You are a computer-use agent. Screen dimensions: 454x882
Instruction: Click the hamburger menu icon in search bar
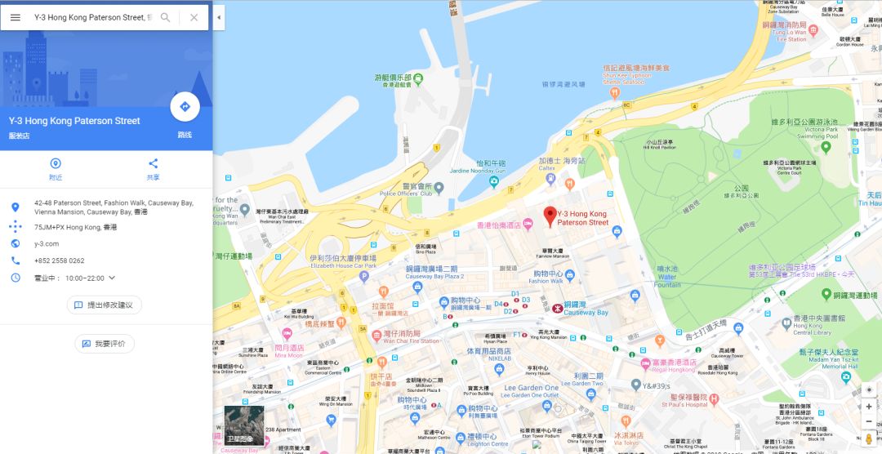16,17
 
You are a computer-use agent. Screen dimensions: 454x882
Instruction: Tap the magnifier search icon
166,17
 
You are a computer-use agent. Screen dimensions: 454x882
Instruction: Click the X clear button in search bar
194,17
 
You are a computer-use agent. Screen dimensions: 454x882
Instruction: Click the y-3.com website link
47,243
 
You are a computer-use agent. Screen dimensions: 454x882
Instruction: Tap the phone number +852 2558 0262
59,260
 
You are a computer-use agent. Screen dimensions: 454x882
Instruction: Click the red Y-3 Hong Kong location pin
550,216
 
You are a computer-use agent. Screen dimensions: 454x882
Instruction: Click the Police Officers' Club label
411,194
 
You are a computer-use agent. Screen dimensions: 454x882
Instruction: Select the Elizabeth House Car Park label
343,265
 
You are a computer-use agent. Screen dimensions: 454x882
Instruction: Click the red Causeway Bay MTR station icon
557,309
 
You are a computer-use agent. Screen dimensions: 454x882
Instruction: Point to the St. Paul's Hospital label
685,404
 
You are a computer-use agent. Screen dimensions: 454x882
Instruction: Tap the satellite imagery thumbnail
244,425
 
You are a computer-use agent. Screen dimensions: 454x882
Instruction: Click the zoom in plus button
869,406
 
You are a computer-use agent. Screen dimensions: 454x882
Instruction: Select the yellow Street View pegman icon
869,439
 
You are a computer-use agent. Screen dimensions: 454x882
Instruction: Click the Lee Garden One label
531,388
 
